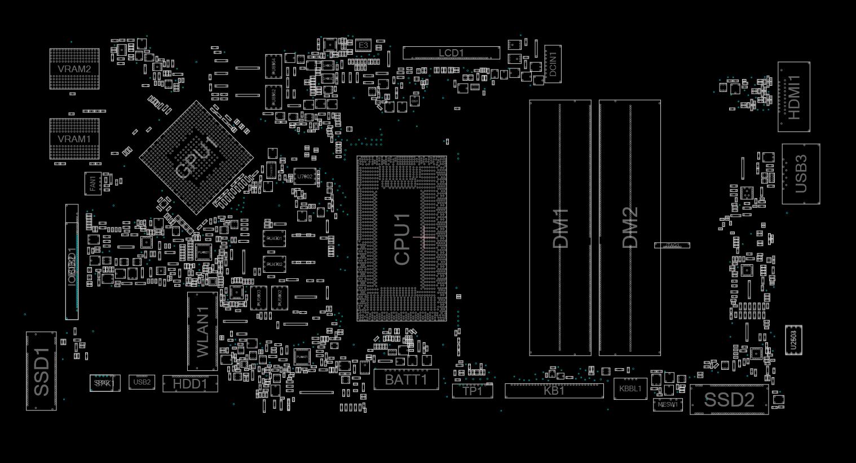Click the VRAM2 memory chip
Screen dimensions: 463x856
click(74, 69)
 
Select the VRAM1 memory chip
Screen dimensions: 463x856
click(74, 139)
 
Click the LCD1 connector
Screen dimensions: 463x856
click(451, 53)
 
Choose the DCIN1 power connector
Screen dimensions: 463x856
click(553, 64)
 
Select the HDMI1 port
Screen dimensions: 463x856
click(794, 97)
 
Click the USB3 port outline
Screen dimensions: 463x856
click(801, 174)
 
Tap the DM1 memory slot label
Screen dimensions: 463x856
click(561, 228)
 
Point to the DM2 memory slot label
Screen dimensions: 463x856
click(630, 228)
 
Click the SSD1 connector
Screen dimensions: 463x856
click(41, 371)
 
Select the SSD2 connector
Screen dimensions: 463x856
click(729, 400)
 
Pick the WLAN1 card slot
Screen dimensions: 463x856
click(202, 331)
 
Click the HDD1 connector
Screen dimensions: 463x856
click(190, 384)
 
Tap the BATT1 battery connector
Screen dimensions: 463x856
click(406, 379)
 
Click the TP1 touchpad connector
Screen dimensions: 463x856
click(473, 391)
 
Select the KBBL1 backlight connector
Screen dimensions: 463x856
click(630, 388)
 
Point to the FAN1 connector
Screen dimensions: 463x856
click(92, 184)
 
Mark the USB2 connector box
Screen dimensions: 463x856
click(142, 382)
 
